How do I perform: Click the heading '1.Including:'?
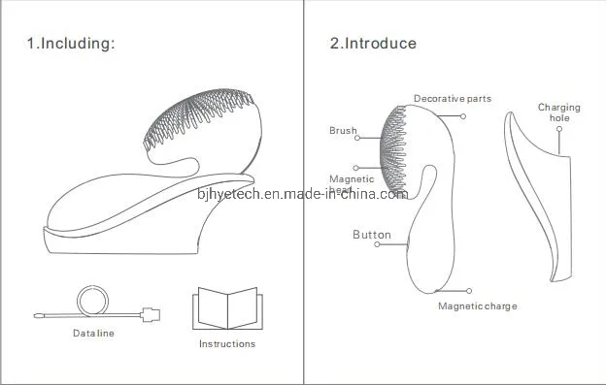click(70, 44)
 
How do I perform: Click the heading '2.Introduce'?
click(373, 44)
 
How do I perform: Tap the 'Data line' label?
click(93, 334)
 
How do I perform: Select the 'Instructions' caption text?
click(226, 343)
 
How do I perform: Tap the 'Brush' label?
click(343, 130)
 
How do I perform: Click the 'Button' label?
click(372, 235)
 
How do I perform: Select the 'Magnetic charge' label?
click(477, 306)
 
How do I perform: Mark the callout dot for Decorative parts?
click(464, 116)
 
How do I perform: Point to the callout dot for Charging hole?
click(559, 151)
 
